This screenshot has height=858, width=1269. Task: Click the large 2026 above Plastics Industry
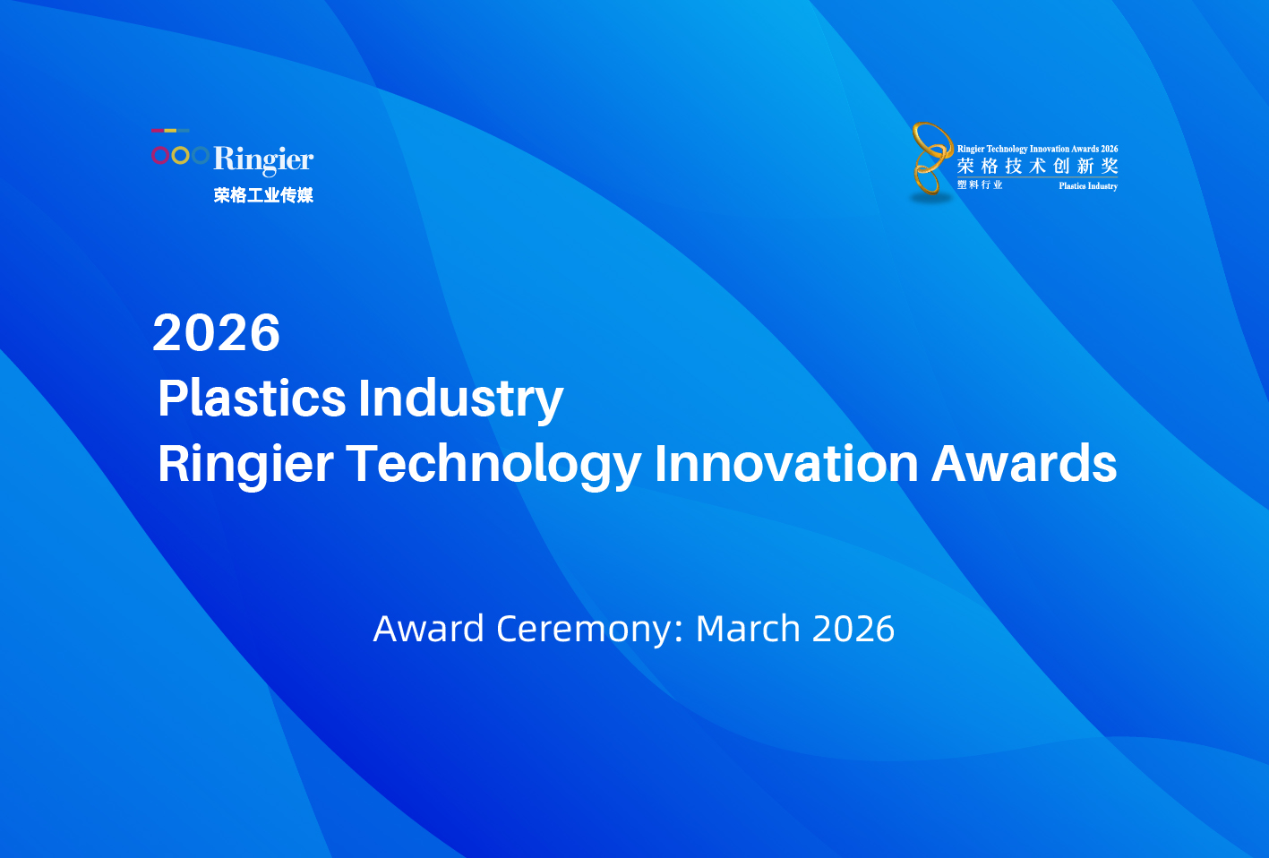pyautogui.click(x=217, y=333)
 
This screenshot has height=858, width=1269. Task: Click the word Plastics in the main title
pyautogui.click(x=252, y=398)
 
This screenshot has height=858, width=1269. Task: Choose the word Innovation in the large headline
pyautogui.click(x=786, y=464)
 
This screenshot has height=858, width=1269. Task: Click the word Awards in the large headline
pyautogui.click(x=1024, y=464)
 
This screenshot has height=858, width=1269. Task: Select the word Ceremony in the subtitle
pyautogui.click(x=588, y=629)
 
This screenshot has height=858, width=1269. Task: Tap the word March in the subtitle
pyautogui.click(x=748, y=629)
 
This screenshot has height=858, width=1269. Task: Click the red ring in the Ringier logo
pyautogui.click(x=160, y=156)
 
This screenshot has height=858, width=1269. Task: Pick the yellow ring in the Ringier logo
pyautogui.click(x=180, y=156)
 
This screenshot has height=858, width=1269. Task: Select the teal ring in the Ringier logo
pyautogui.click(x=200, y=156)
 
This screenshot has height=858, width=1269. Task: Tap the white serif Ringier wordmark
pyautogui.click(x=263, y=159)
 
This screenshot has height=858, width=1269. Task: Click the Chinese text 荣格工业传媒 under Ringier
pyautogui.click(x=263, y=195)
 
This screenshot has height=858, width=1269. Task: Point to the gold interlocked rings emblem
pyautogui.click(x=931, y=159)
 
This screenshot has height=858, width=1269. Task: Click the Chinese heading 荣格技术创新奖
pyautogui.click(x=1037, y=166)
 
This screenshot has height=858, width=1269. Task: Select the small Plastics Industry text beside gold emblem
pyautogui.click(x=1088, y=186)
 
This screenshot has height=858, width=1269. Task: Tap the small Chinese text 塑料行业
pyautogui.click(x=980, y=184)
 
